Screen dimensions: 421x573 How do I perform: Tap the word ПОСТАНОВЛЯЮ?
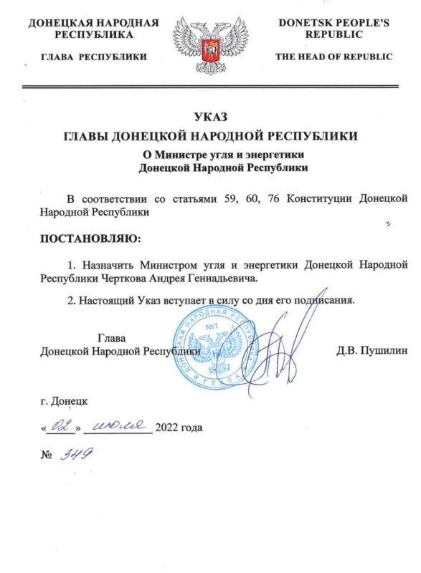click(86, 236)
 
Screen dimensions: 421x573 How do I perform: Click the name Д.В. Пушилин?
click(372, 351)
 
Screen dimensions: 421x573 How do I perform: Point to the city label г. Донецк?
click(65, 401)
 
